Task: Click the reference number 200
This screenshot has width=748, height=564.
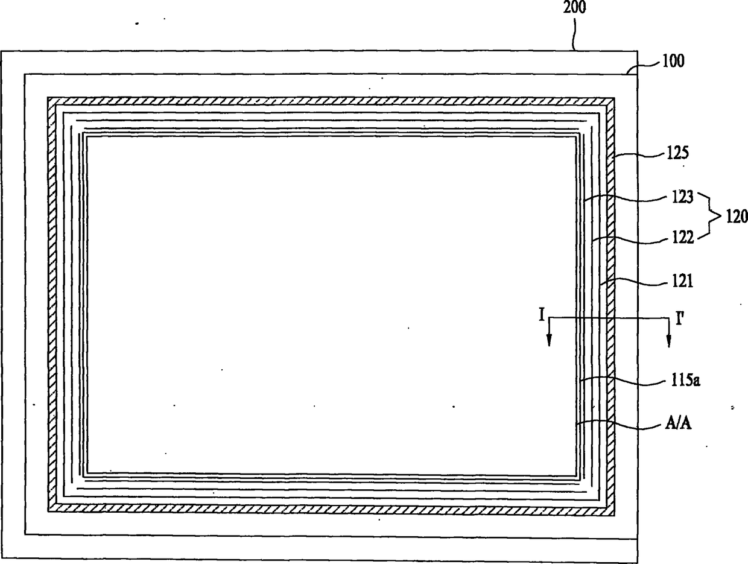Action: point(575,8)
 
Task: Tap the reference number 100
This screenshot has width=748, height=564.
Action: point(673,61)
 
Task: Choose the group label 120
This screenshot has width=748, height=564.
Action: point(735,217)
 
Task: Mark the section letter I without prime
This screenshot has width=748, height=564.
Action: point(542,314)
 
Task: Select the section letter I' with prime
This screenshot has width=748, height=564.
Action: point(679,317)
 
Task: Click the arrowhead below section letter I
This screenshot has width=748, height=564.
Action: point(549,342)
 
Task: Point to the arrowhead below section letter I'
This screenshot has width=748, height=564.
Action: point(668,342)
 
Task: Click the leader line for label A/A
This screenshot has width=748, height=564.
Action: point(615,424)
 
